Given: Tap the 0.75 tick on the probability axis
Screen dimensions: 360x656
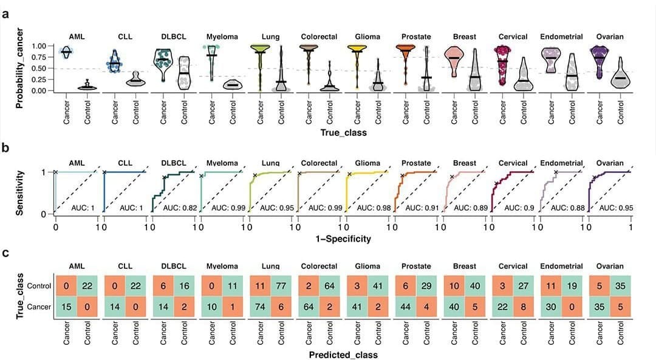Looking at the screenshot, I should pos(38,57).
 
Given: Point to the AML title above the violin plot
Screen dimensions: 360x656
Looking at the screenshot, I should pos(77,36).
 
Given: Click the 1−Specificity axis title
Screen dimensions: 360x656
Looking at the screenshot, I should pos(343,239).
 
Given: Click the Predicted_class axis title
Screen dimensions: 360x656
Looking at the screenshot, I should pos(343,355).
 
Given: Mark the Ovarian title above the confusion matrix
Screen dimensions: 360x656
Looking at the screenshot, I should pos(610,266).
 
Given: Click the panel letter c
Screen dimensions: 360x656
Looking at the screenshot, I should pos(5,253).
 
